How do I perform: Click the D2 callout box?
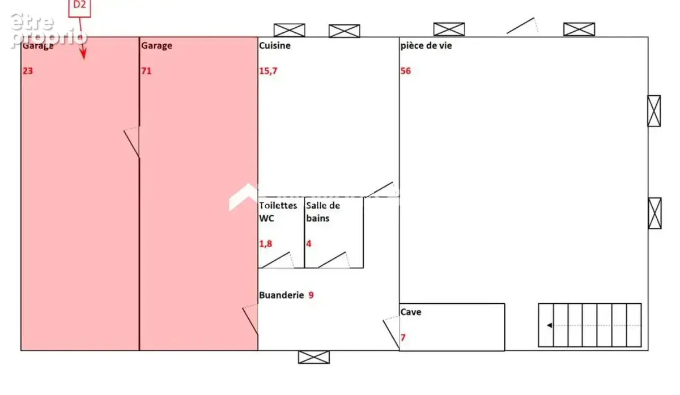click(79, 8)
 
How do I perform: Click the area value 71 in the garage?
click(146, 71)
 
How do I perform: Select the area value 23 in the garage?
click(28, 71)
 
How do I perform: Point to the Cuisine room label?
click(275, 45)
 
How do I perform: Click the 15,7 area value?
click(268, 71)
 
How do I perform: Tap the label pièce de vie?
click(426, 46)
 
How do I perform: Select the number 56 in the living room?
click(406, 71)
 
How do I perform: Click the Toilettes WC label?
click(278, 212)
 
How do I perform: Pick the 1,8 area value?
click(266, 244)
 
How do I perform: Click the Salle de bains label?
click(323, 212)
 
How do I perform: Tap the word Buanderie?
click(282, 295)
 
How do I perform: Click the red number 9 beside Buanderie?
click(311, 295)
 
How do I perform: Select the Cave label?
click(411, 312)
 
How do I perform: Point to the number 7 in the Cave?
click(403, 338)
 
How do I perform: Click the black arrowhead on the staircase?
click(549, 325)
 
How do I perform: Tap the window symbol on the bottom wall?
click(314, 357)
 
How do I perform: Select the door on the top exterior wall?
click(522, 26)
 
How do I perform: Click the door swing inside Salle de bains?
click(333, 260)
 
